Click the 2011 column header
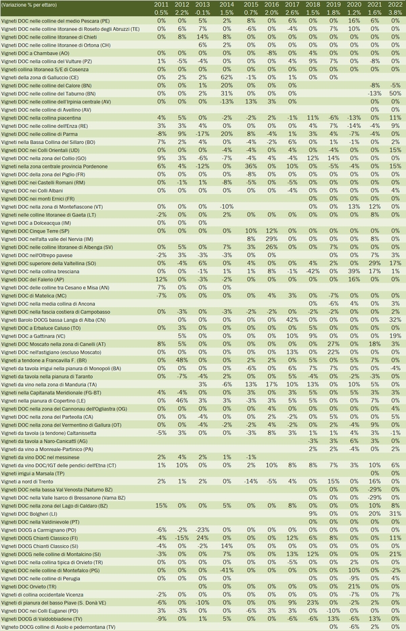[161, 4]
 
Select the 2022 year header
[396, 4]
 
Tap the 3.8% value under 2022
[395, 12]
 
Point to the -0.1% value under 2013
[203, 12]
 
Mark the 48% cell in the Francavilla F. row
[181, 360]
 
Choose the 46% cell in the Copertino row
[181, 401]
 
